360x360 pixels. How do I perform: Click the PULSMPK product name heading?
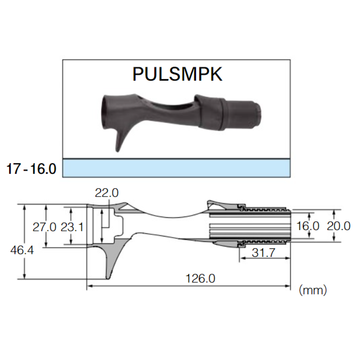point(177,74)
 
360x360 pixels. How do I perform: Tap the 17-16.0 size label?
point(31,169)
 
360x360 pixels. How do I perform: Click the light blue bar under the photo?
point(176,168)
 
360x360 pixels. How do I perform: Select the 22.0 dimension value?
point(106,193)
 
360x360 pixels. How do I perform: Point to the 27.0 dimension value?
point(44,227)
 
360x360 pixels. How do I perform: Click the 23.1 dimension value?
point(72,227)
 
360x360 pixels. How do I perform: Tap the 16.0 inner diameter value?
point(307,226)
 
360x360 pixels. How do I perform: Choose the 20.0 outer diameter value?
point(338,226)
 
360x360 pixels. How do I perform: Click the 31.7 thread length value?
point(263,253)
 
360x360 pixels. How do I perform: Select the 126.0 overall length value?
point(200,279)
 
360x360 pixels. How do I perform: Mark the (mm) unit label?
point(313,290)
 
